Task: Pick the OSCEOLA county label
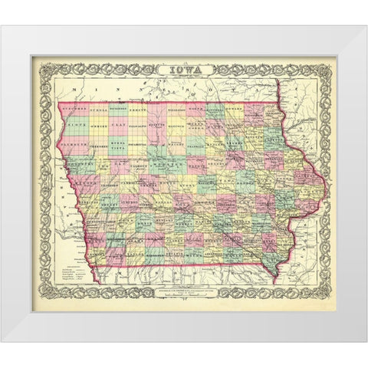click(x=97, y=108)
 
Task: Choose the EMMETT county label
click(x=138, y=108)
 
